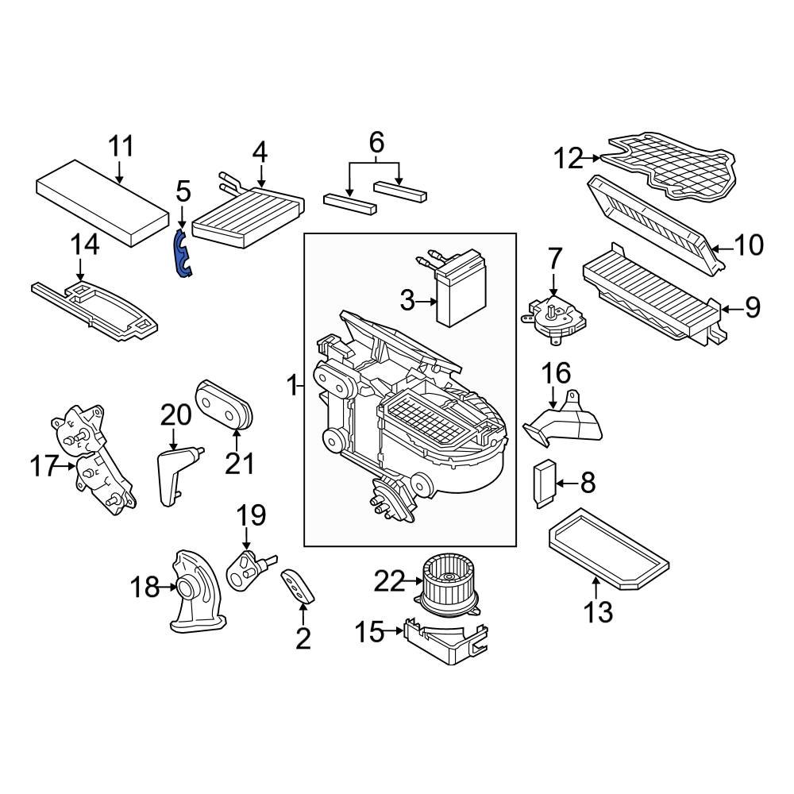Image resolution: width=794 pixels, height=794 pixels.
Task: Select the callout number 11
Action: tap(121, 147)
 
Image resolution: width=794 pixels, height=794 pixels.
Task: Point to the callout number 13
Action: tap(599, 611)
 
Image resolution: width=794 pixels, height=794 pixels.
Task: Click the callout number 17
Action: tap(44, 466)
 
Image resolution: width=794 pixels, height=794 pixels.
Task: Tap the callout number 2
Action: tap(303, 638)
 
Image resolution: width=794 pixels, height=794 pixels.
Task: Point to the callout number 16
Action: tap(557, 372)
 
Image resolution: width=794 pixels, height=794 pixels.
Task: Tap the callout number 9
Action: tap(752, 306)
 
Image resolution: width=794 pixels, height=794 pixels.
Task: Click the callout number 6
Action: tap(376, 143)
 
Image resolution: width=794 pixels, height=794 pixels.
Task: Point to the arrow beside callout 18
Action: tap(168, 588)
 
